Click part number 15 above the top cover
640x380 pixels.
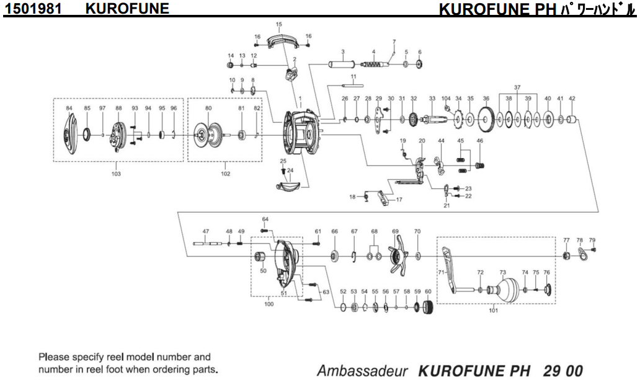(278, 24)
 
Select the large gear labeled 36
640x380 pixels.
(487, 119)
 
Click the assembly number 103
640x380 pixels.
(116, 174)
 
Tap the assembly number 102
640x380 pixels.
(225, 174)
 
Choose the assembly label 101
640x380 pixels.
(493, 311)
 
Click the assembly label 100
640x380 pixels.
(269, 304)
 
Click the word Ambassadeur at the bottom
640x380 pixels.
(362, 371)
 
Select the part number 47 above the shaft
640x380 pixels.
(205, 231)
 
